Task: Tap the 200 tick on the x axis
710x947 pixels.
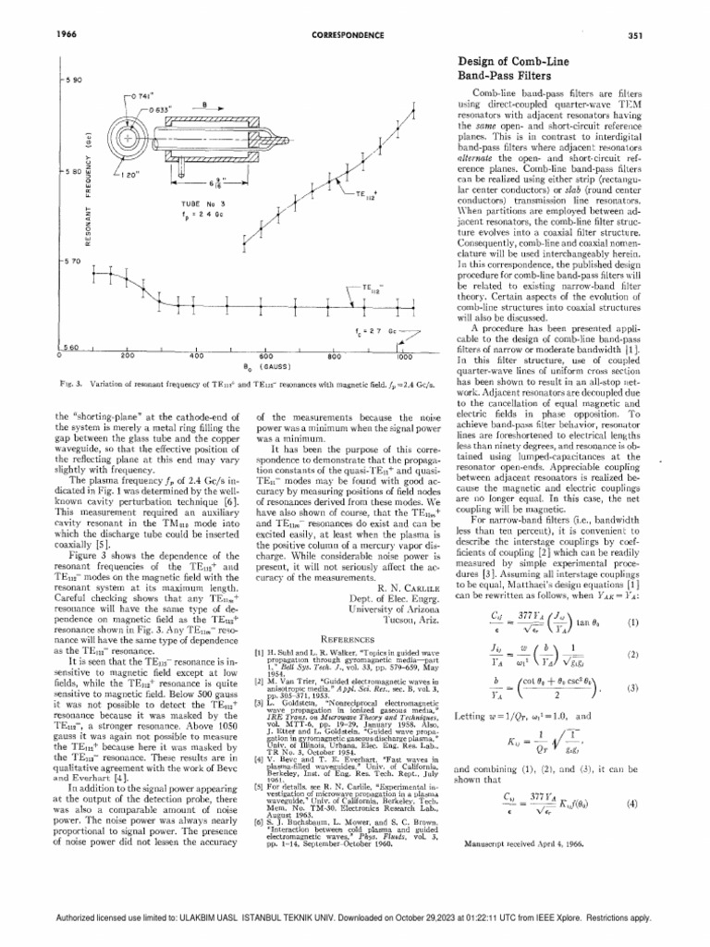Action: click(128, 354)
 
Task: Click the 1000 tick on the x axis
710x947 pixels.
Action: click(405, 355)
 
